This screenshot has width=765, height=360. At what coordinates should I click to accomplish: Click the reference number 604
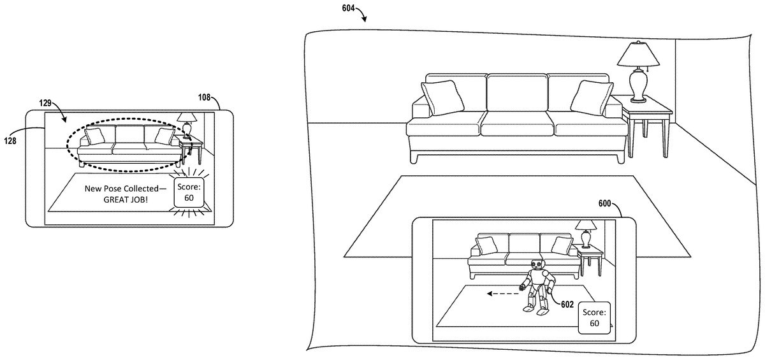click(348, 8)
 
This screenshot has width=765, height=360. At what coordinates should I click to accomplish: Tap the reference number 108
click(204, 97)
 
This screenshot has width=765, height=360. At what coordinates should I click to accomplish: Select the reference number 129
click(45, 103)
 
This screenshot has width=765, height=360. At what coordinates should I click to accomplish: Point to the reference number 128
click(10, 141)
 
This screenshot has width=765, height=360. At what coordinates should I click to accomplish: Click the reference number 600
click(604, 204)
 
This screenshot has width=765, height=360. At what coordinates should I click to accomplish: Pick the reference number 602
click(567, 305)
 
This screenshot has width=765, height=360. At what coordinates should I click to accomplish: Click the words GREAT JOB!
click(126, 199)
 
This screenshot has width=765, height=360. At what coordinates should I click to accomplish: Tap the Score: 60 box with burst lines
click(189, 192)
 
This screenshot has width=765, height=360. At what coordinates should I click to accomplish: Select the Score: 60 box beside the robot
click(594, 318)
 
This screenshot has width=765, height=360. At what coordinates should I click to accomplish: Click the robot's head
click(537, 264)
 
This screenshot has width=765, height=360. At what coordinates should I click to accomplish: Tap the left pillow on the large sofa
click(442, 97)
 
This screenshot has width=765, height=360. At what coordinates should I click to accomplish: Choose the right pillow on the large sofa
click(592, 97)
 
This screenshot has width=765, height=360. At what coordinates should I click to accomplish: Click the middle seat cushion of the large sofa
click(517, 124)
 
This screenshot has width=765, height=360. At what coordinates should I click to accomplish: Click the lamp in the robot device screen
click(586, 234)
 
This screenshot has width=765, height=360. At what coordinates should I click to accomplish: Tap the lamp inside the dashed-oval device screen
click(187, 125)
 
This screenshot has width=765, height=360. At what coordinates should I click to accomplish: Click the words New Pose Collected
click(122, 189)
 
